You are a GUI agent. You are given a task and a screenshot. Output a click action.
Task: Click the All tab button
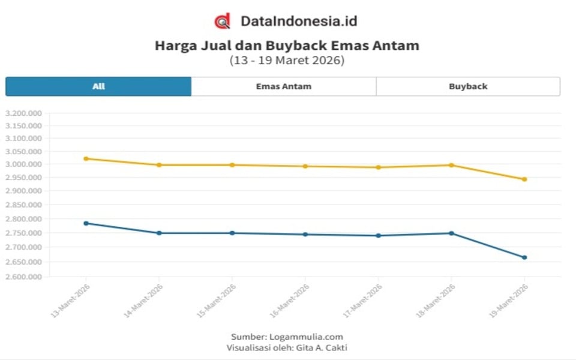click(98, 86)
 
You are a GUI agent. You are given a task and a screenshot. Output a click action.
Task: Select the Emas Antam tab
click(283, 86)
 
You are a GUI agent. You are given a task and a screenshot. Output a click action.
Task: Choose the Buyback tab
click(468, 86)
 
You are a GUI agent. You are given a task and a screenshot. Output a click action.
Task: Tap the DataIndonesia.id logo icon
click(222, 22)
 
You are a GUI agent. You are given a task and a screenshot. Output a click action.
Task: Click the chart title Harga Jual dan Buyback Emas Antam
click(287, 46)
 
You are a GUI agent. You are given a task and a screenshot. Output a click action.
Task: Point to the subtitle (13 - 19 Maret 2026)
click(287, 61)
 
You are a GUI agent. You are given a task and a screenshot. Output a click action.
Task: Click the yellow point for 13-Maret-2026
click(86, 158)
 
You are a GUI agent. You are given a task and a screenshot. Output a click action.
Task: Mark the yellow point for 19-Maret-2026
click(524, 179)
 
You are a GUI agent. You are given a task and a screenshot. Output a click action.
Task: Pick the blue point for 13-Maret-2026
click(86, 223)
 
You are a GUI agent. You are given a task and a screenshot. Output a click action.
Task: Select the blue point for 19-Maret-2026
click(524, 257)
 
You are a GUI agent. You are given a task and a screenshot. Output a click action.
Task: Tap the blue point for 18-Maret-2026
click(452, 233)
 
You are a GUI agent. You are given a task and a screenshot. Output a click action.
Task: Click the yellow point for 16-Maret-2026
click(305, 166)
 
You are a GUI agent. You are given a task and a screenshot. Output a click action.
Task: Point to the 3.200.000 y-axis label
click(23, 113)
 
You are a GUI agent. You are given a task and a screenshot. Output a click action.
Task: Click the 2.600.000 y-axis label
click(23, 277)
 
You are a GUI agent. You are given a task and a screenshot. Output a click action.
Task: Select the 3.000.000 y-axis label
click(23, 164)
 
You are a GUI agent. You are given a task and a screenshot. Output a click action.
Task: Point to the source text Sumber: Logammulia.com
click(287, 337)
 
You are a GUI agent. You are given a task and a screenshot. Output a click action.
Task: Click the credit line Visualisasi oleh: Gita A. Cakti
click(287, 347)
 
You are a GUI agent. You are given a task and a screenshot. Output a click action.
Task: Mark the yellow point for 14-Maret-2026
click(159, 164)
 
